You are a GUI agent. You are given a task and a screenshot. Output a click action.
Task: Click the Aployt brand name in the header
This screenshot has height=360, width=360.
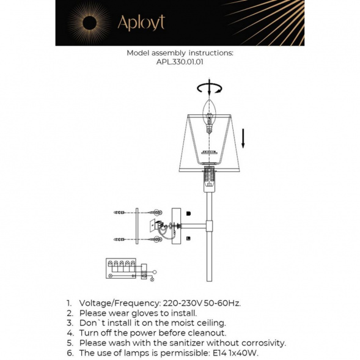pos(141,23)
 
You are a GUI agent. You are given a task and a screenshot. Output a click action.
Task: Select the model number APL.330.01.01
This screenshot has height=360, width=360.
pos(180,62)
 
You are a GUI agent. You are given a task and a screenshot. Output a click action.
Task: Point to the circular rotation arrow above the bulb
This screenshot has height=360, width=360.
pos(210,88)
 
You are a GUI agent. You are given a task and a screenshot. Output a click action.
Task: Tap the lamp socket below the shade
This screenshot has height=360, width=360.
pos(210,176)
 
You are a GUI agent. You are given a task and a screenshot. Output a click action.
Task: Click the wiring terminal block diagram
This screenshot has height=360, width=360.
pos(125,270)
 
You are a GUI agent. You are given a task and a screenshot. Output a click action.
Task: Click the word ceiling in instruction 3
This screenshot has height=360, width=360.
pos(210,323)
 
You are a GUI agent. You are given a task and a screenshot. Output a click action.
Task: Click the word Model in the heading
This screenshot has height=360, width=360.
pos(138,53)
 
